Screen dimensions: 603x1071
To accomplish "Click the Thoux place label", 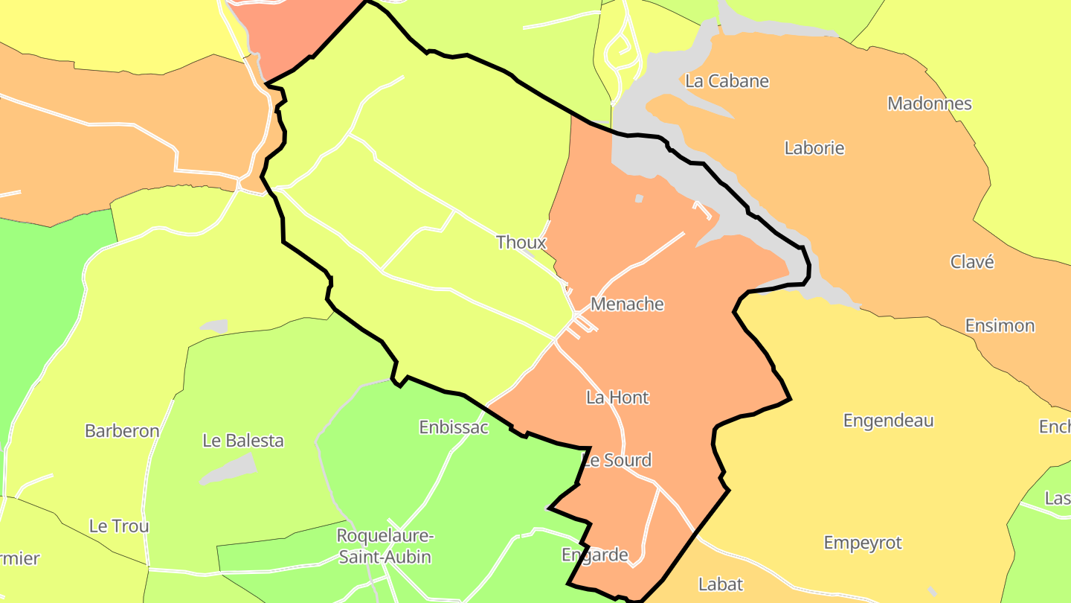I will click(521, 242).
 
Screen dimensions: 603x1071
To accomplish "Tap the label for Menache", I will click(627, 304).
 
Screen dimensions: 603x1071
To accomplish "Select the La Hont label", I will click(617, 398).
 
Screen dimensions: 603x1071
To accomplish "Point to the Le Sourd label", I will click(617, 460).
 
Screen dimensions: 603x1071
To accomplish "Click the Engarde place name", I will click(595, 555).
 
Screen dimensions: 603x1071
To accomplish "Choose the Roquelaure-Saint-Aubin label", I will click(385, 546).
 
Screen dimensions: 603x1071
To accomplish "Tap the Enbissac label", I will click(454, 427).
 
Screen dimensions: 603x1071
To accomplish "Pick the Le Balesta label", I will click(243, 441).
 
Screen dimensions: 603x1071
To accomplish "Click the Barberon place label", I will click(122, 431).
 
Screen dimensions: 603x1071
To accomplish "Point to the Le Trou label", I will click(119, 526).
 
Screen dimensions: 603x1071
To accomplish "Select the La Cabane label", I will click(727, 81).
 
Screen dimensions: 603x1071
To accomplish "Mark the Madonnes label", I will click(930, 103).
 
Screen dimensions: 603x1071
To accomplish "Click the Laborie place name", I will click(814, 148).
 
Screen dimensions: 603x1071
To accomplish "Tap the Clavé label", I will click(972, 262).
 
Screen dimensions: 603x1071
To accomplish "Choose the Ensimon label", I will click(1000, 326).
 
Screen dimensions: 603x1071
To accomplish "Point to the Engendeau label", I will click(888, 421).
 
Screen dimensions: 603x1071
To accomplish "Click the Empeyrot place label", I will click(863, 543).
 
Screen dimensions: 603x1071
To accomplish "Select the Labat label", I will click(721, 584).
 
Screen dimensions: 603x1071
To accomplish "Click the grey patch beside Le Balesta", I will click(228, 468).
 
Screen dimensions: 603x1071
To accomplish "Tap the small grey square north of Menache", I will click(639, 198).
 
